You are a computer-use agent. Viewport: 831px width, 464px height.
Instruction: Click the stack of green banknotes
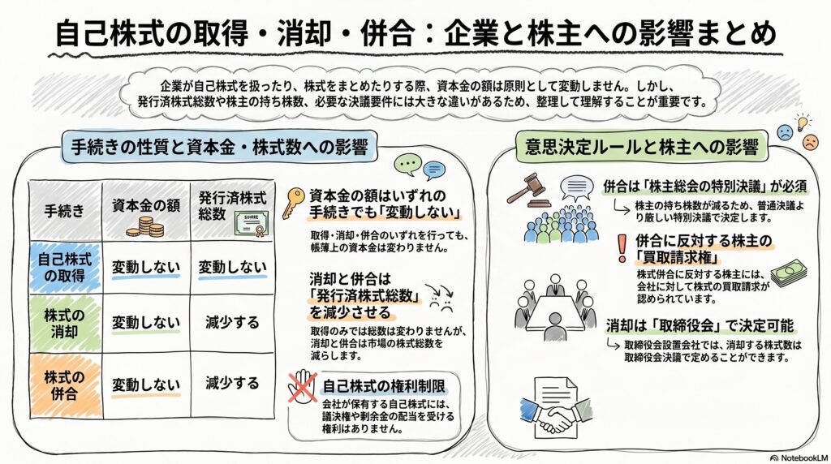tap(789, 271)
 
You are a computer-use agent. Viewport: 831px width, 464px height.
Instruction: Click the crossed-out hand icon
tap(303, 386)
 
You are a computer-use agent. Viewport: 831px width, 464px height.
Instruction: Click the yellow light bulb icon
tap(803, 123)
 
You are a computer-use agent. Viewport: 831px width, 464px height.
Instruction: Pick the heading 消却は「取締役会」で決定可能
tap(700, 326)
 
